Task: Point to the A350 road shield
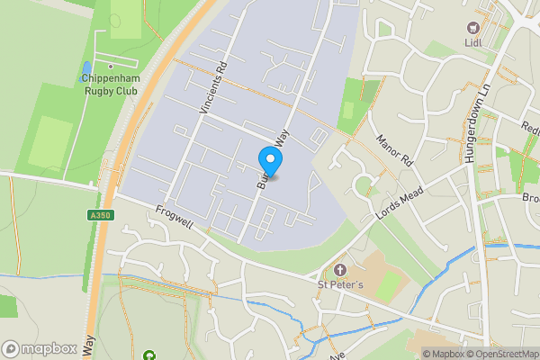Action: (x=100, y=214)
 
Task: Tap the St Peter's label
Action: (x=340, y=286)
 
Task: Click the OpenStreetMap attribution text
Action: (x=502, y=354)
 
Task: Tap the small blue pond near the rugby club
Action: (x=85, y=68)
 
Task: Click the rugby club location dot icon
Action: (x=111, y=67)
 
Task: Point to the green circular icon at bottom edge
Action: (x=148, y=356)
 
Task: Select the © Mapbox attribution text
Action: (x=443, y=354)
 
